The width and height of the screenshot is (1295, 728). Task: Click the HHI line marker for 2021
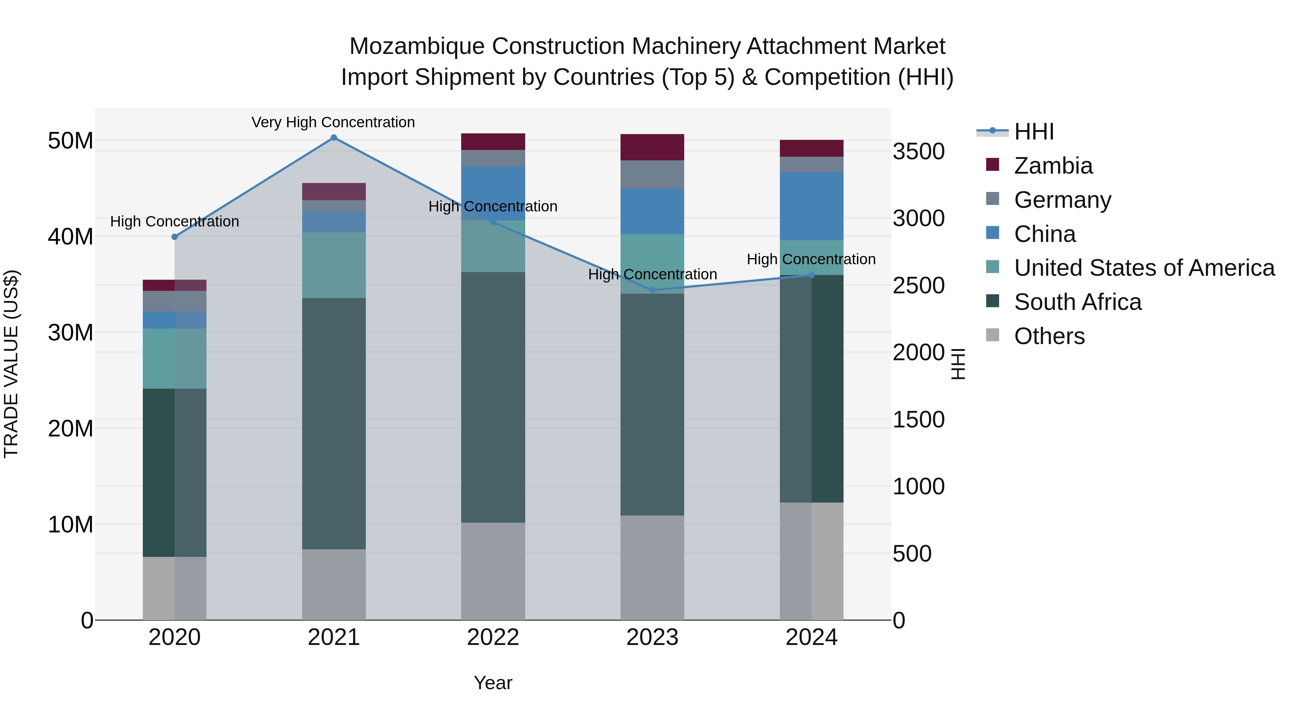334,138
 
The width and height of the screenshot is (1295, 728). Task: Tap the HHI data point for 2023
653,290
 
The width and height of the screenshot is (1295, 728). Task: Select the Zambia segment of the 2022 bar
493,142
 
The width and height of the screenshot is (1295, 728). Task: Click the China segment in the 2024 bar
812,206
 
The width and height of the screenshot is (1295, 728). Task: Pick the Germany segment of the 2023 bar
652,174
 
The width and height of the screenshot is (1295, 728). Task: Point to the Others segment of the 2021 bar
334,584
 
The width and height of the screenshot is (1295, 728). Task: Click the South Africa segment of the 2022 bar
493,397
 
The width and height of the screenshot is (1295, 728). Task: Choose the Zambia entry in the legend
1053,166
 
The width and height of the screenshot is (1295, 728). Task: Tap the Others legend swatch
993,335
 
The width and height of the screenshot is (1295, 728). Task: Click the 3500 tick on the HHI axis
918,151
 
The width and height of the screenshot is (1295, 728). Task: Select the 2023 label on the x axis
652,637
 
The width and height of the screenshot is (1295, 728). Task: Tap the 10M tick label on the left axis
71,525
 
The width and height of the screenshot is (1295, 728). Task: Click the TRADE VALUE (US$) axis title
11,364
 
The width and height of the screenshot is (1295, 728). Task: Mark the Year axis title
493,683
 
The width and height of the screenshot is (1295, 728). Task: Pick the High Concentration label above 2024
811,259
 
